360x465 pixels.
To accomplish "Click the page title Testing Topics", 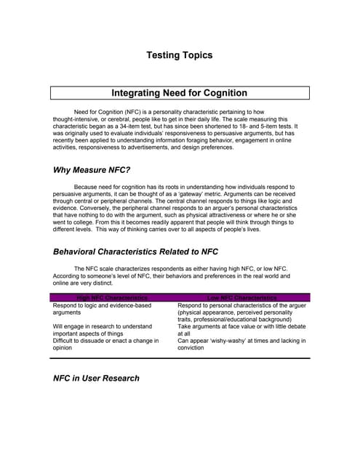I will pyautogui.click(x=179, y=54).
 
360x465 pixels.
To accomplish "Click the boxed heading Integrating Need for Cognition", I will pyautogui.click(x=179, y=93).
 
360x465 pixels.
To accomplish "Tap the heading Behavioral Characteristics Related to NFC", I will pyautogui.click(x=135, y=252).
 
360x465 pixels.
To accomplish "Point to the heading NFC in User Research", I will pyautogui.click(x=96, y=378).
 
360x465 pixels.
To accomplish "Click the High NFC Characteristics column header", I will pyautogui.click(x=112, y=298).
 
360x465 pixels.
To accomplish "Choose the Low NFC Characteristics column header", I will pyautogui.click(x=241, y=298).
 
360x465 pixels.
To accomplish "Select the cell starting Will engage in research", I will pyautogui.click(x=103, y=331).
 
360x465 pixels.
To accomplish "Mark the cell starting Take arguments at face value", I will pyautogui.click(x=241, y=331).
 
